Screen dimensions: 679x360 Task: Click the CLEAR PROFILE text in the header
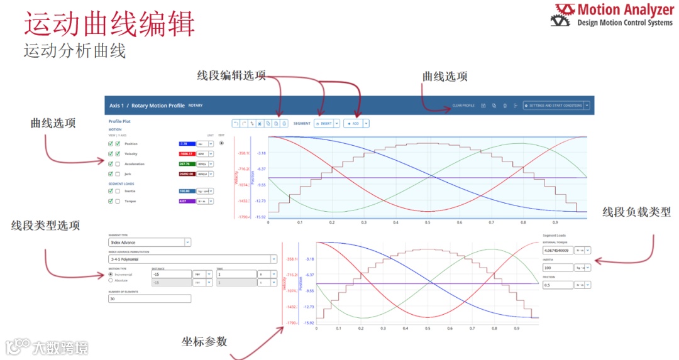point(463,106)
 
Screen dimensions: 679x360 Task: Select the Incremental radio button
point(111,275)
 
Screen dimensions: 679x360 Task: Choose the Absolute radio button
point(111,281)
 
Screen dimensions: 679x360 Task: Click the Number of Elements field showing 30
point(150,299)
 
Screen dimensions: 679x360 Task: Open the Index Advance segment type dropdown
point(150,242)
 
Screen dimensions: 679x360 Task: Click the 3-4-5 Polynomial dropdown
point(192,258)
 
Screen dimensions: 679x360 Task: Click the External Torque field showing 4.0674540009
point(557,250)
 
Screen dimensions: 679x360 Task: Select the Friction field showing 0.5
point(557,285)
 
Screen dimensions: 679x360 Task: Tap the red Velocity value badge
point(187,154)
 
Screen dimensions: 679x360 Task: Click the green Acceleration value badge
point(187,164)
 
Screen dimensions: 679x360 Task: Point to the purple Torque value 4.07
point(187,201)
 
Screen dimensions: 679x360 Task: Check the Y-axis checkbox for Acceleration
point(118,164)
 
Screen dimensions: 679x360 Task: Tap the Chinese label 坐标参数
point(204,341)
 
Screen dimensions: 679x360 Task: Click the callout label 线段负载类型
point(636,212)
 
